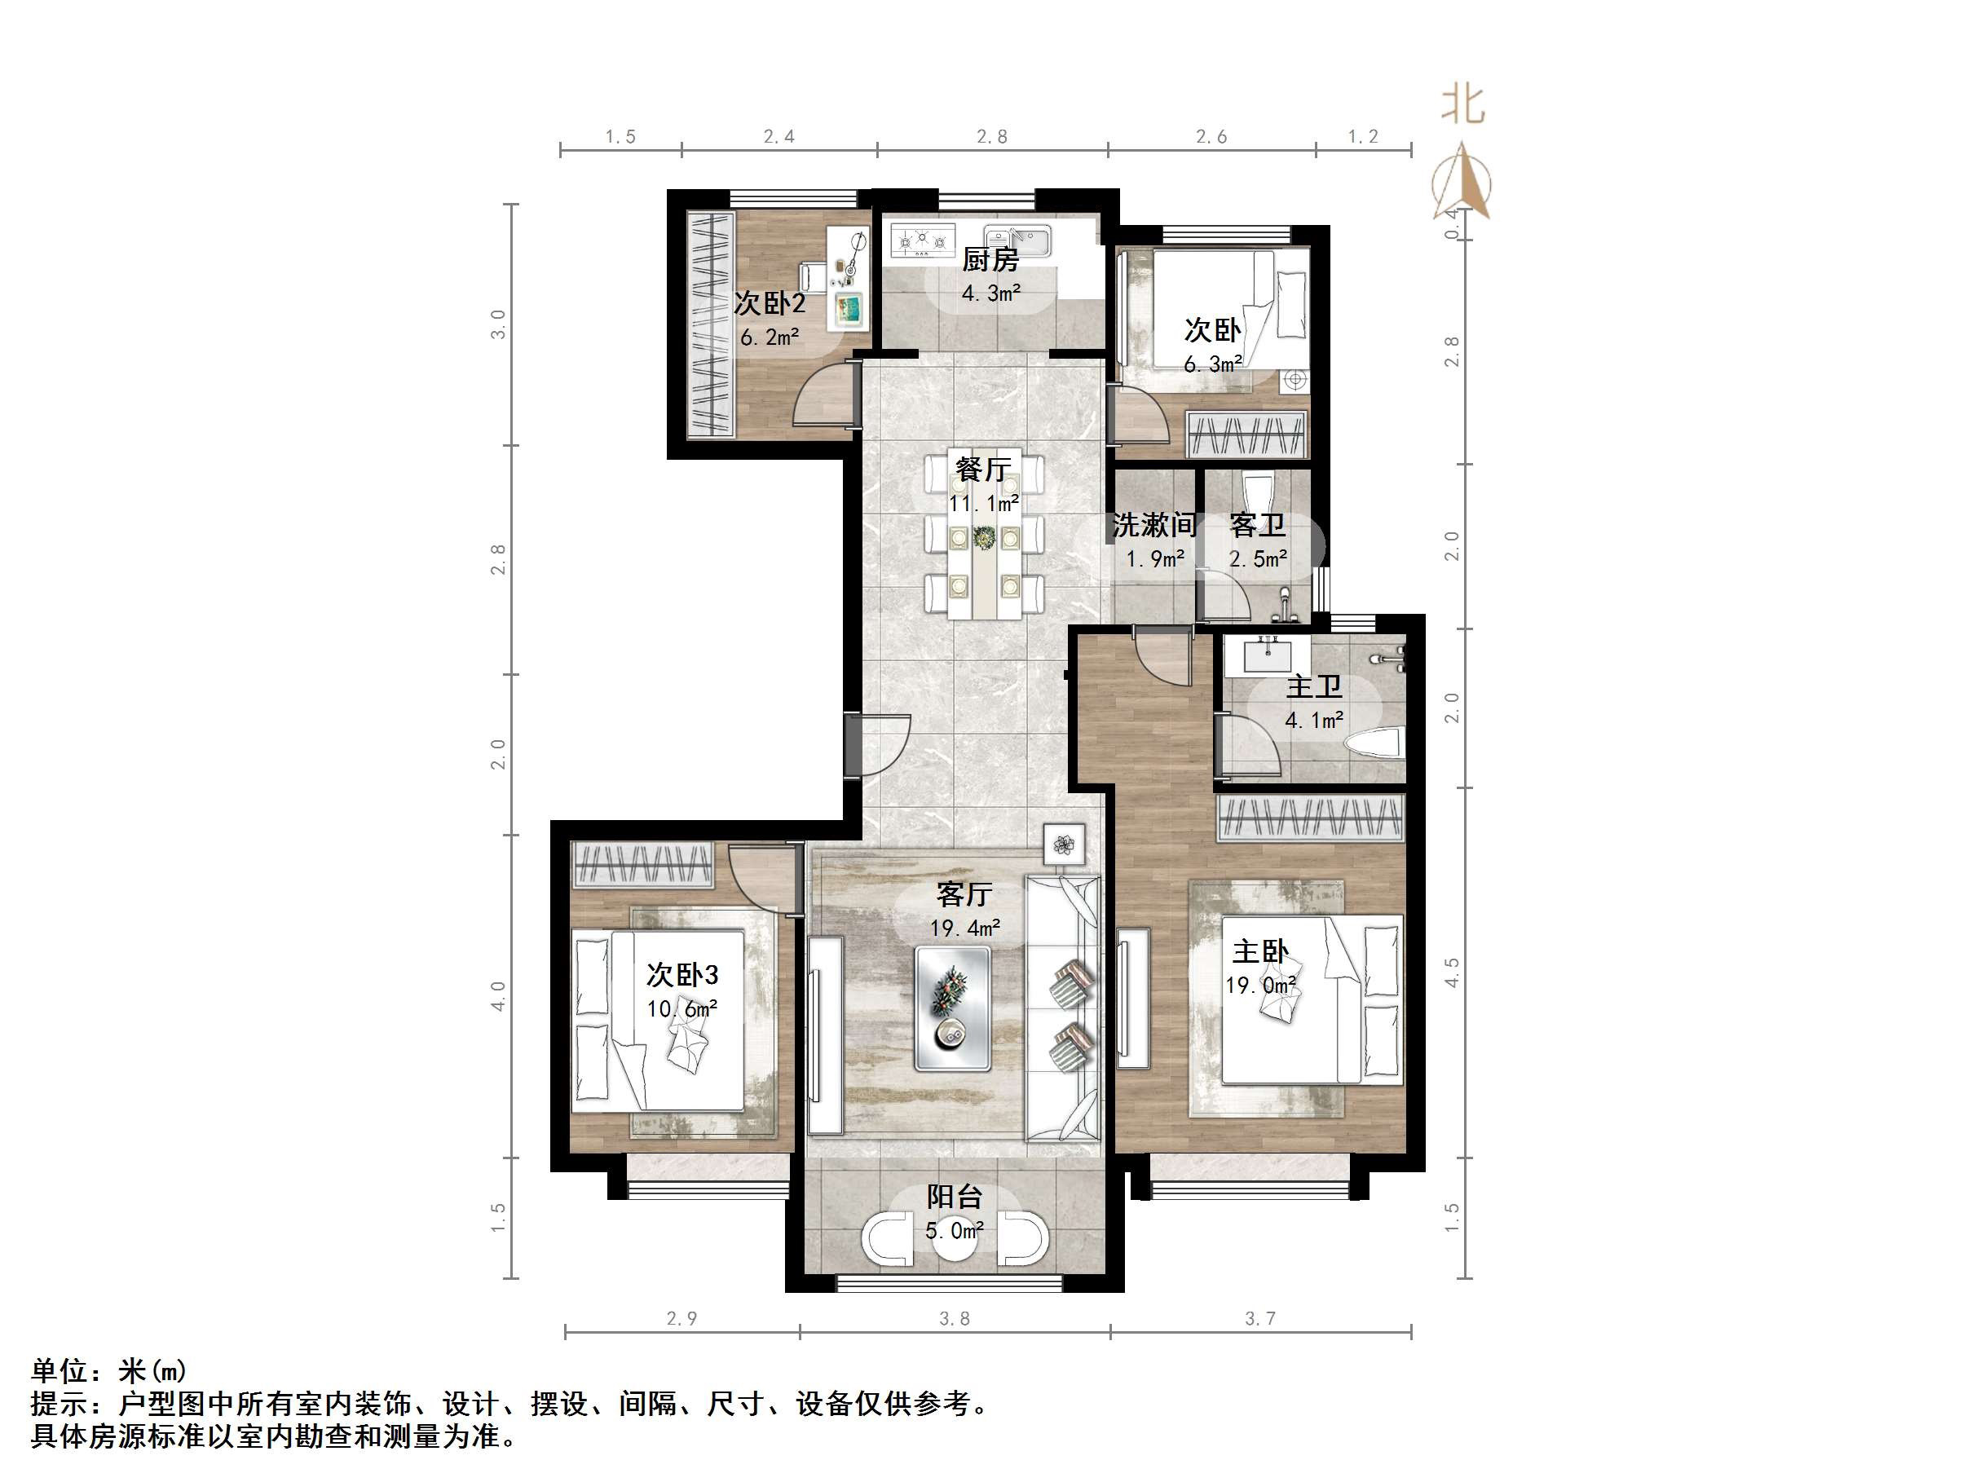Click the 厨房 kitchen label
click(x=990, y=260)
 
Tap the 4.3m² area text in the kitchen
click(x=990, y=293)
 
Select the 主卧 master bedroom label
click(x=1260, y=951)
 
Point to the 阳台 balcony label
click(x=954, y=1196)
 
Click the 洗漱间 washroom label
click(x=1154, y=525)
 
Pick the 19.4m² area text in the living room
click(x=965, y=928)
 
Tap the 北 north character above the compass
click(x=1462, y=104)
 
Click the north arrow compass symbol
click(x=1462, y=181)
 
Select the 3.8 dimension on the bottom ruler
click(x=954, y=1318)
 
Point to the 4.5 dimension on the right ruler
click(x=1452, y=972)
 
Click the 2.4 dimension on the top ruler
click(x=779, y=137)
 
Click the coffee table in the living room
click(x=952, y=1008)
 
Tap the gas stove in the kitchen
click(x=923, y=240)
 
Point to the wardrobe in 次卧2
click(x=711, y=324)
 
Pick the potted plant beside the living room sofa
click(x=1064, y=845)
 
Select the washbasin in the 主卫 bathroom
click(x=1268, y=654)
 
